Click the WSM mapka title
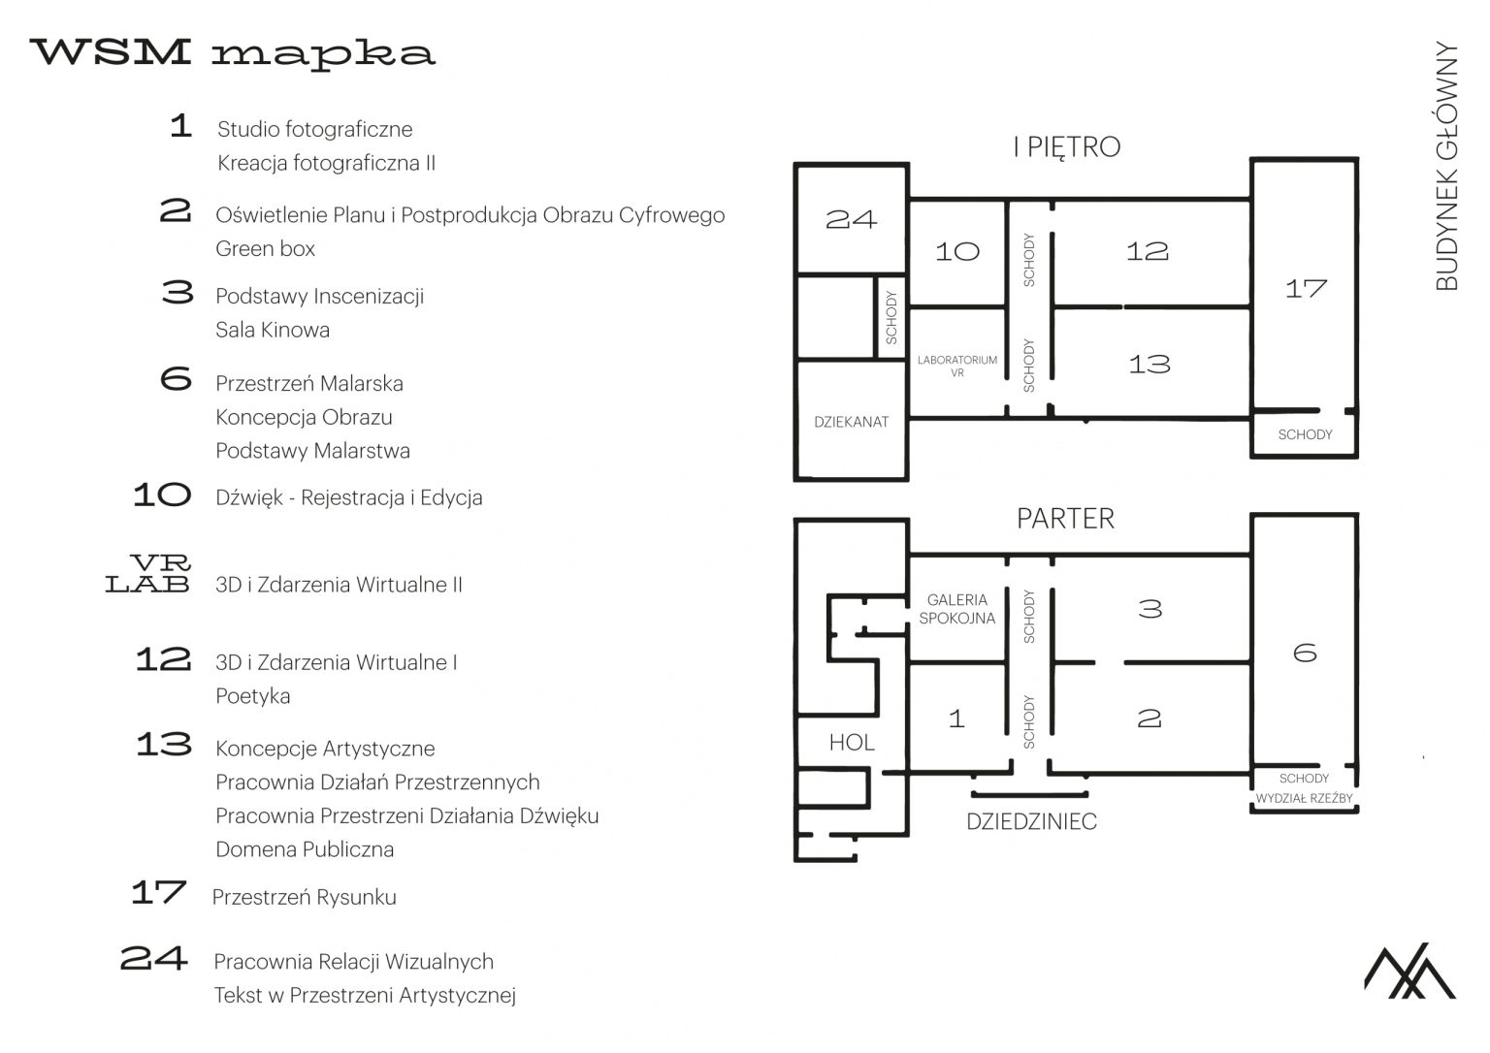click(232, 53)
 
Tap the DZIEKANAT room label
click(852, 422)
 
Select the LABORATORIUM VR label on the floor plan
click(957, 367)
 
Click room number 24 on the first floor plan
click(852, 219)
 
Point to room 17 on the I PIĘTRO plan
click(1306, 289)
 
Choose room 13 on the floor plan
click(1150, 365)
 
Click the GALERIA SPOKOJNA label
click(957, 609)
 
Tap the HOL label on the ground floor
click(852, 743)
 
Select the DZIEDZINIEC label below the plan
click(1032, 821)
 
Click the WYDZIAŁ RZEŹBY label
click(1305, 798)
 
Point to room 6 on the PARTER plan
click(1305, 653)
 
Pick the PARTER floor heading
click(1066, 519)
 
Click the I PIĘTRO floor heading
click(1067, 147)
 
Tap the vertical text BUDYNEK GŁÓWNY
click(1446, 166)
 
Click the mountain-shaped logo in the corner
click(1409, 971)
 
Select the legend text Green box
click(265, 248)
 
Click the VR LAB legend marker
click(148, 573)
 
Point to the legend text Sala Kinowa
click(273, 330)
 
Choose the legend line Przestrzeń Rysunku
click(304, 898)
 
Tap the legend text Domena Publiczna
click(305, 849)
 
